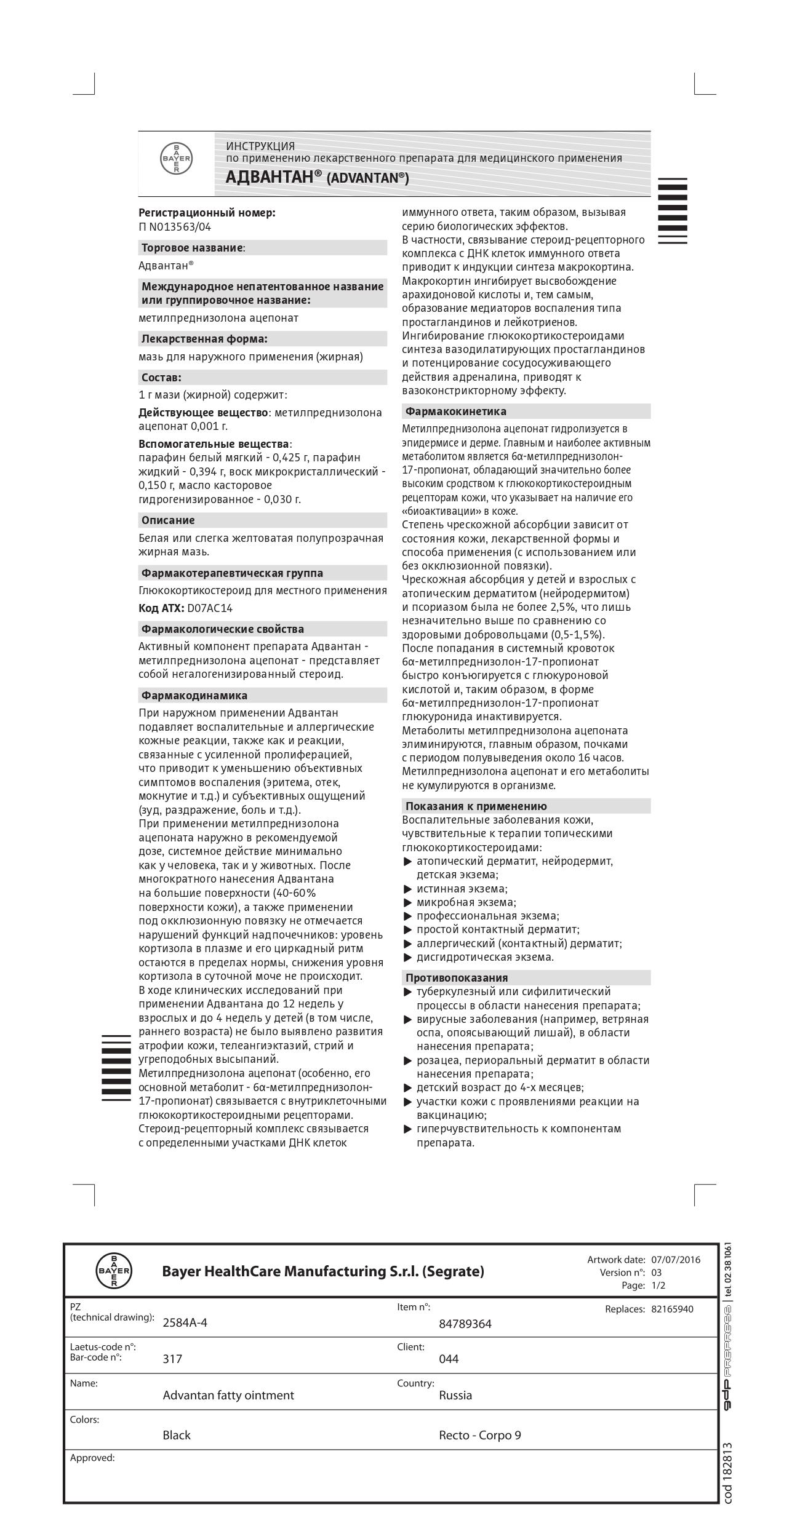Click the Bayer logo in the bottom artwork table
point(114,1270)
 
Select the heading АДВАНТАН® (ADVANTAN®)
point(317,177)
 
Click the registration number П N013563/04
point(175,227)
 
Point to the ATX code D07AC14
point(210,608)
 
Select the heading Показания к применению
point(476,806)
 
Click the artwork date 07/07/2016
point(676,1259)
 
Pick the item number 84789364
point(465,1324)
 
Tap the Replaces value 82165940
point(672,1309)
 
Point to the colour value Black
point(177,1435)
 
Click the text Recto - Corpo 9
point(479,1435)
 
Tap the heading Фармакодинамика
point(194,696)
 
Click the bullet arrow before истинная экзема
point(407,889)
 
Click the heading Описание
point(168,520)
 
